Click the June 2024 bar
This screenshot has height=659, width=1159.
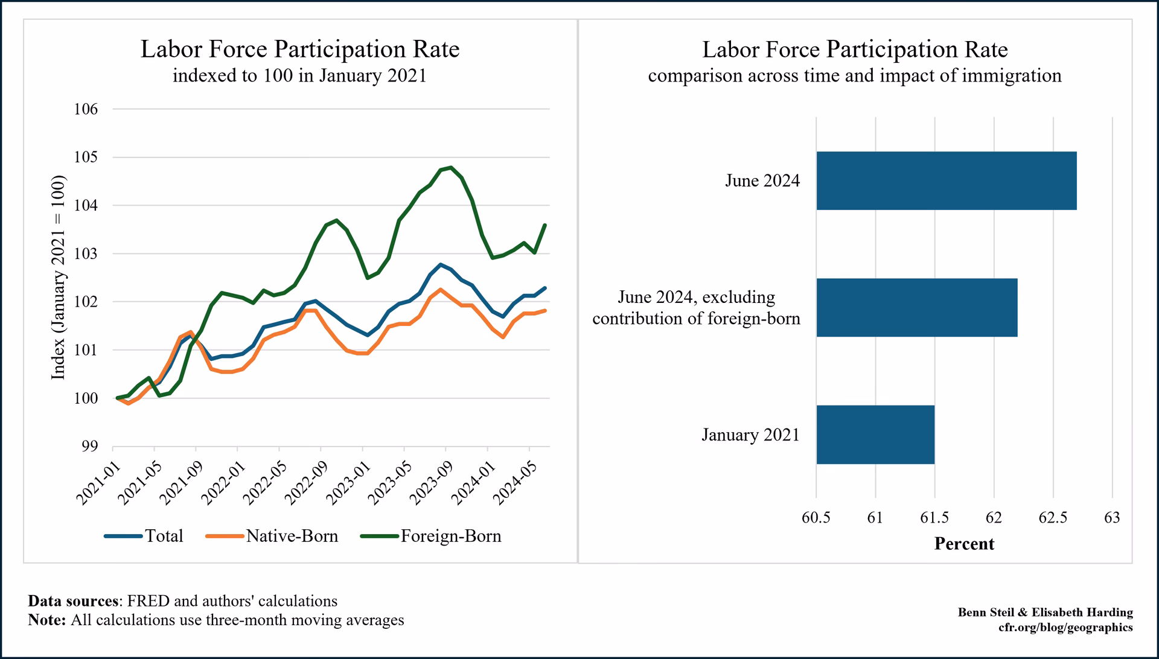(946, 180)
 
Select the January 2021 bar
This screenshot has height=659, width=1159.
(875, 435)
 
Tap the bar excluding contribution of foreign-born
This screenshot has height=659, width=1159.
(916, 307)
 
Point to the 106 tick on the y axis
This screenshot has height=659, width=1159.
(86, 109)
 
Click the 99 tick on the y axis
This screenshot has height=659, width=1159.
(89, 447)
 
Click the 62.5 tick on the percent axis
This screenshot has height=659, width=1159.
(1053, 518)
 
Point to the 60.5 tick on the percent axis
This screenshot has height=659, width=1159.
(816, 518)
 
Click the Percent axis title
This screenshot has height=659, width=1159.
(964, 544)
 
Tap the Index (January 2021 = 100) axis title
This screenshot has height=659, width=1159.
(58, 278)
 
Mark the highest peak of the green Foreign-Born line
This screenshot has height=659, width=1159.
(451, 168)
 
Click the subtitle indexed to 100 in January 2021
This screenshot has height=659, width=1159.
(299, 76)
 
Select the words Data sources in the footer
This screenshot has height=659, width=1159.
(72, 601)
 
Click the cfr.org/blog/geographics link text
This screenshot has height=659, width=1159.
(1065, 627)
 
